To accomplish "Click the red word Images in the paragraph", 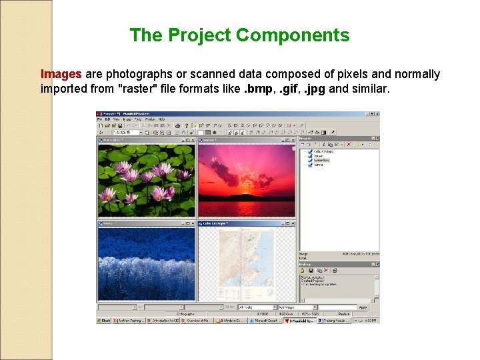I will coord(61,74).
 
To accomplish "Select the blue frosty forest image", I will coord(147,263).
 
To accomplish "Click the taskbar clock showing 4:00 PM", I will coord(370,321).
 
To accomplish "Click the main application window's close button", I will coord(377,115).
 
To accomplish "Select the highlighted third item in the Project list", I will coord(322,161).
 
